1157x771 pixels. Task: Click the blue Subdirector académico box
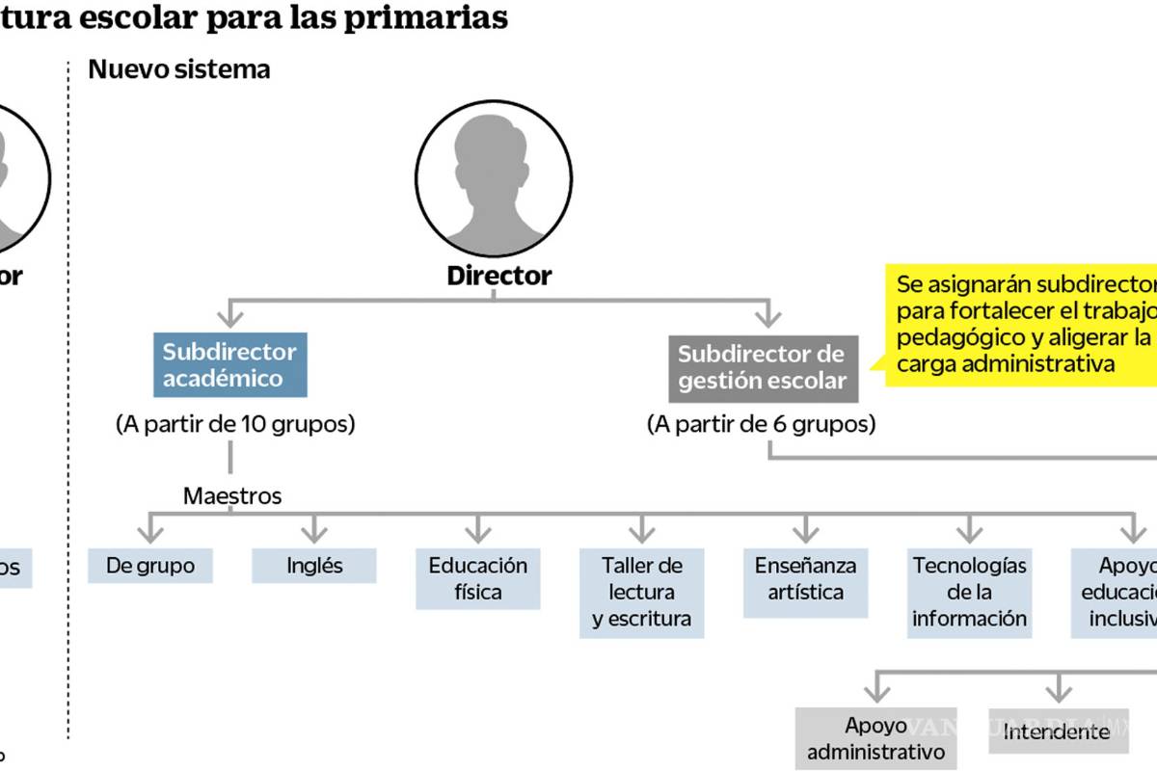pos(229,364)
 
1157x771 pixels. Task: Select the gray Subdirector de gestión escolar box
pos(762,367)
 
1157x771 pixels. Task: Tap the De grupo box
pos(149,566)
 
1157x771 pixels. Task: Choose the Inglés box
pos(314,566)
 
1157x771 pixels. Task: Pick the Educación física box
pos(478,578)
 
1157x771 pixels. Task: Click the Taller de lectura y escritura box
pos(642,592)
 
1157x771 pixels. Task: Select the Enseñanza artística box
pos(806,578)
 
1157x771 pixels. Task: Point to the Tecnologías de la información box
pos(970,592)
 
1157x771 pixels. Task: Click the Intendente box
pos(1057,732)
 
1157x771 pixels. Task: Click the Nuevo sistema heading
pos(179,69)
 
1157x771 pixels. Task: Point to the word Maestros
pos(232,496)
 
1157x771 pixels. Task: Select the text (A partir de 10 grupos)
pos(235,424)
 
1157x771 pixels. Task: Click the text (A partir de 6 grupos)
pos(762,424)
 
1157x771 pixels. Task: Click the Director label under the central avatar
pos(499,276)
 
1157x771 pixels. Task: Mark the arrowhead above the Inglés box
pos(314,531)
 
